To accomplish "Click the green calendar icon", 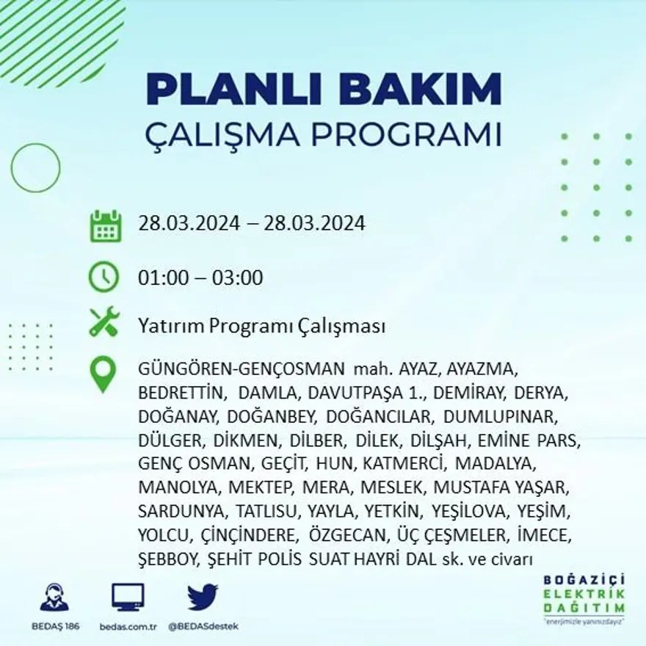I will point(105,226).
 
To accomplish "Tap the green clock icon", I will point(104,277).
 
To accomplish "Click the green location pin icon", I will point(103,374).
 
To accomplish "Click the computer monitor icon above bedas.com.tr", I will point(128,597).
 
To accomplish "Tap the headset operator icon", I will point(54,597).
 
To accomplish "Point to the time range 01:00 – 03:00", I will point(200,278).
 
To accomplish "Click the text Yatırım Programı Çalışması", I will point(261,327).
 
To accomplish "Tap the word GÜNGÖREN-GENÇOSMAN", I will point(241,369).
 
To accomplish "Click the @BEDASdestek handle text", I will point(203,626).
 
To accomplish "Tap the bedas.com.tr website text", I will point(128,626).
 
